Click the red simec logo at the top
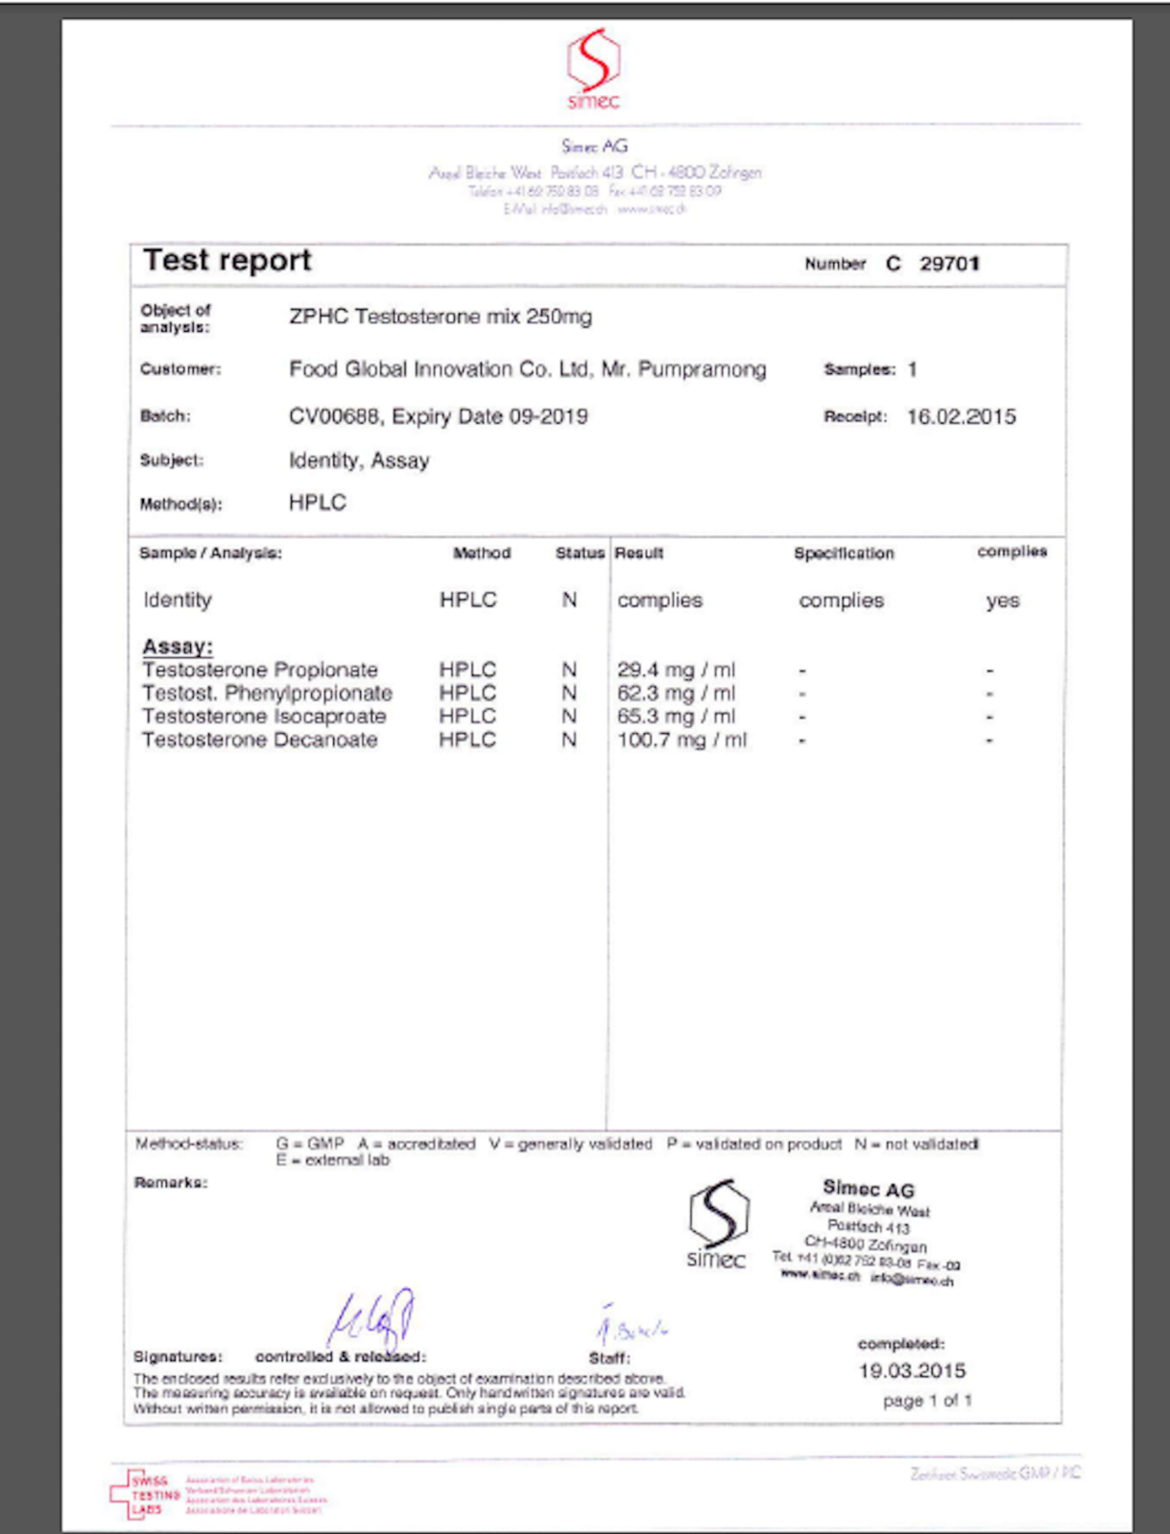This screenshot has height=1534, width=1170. [593, 68]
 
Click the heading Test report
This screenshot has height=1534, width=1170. [227, 261]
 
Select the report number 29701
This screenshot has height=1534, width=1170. [949, 264]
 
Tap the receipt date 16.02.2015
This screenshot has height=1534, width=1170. [961, 417]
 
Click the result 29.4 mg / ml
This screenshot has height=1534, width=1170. [676, 670]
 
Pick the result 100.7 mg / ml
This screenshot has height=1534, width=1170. [681, 740]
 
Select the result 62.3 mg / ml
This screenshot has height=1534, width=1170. [676, 693]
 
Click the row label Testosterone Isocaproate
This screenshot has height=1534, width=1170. [264, 717]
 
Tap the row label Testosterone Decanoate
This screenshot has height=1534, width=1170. [259, 740]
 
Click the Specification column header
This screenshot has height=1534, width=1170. [844, 554]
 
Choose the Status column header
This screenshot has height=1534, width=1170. [580, 554]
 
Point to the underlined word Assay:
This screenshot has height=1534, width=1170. [178, 647]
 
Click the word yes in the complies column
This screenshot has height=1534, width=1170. [1002, 602]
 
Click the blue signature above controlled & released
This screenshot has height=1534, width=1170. [371, 1317]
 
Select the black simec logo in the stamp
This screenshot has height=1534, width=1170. [717, 1224]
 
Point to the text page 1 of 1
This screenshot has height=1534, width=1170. [927, 1401]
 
